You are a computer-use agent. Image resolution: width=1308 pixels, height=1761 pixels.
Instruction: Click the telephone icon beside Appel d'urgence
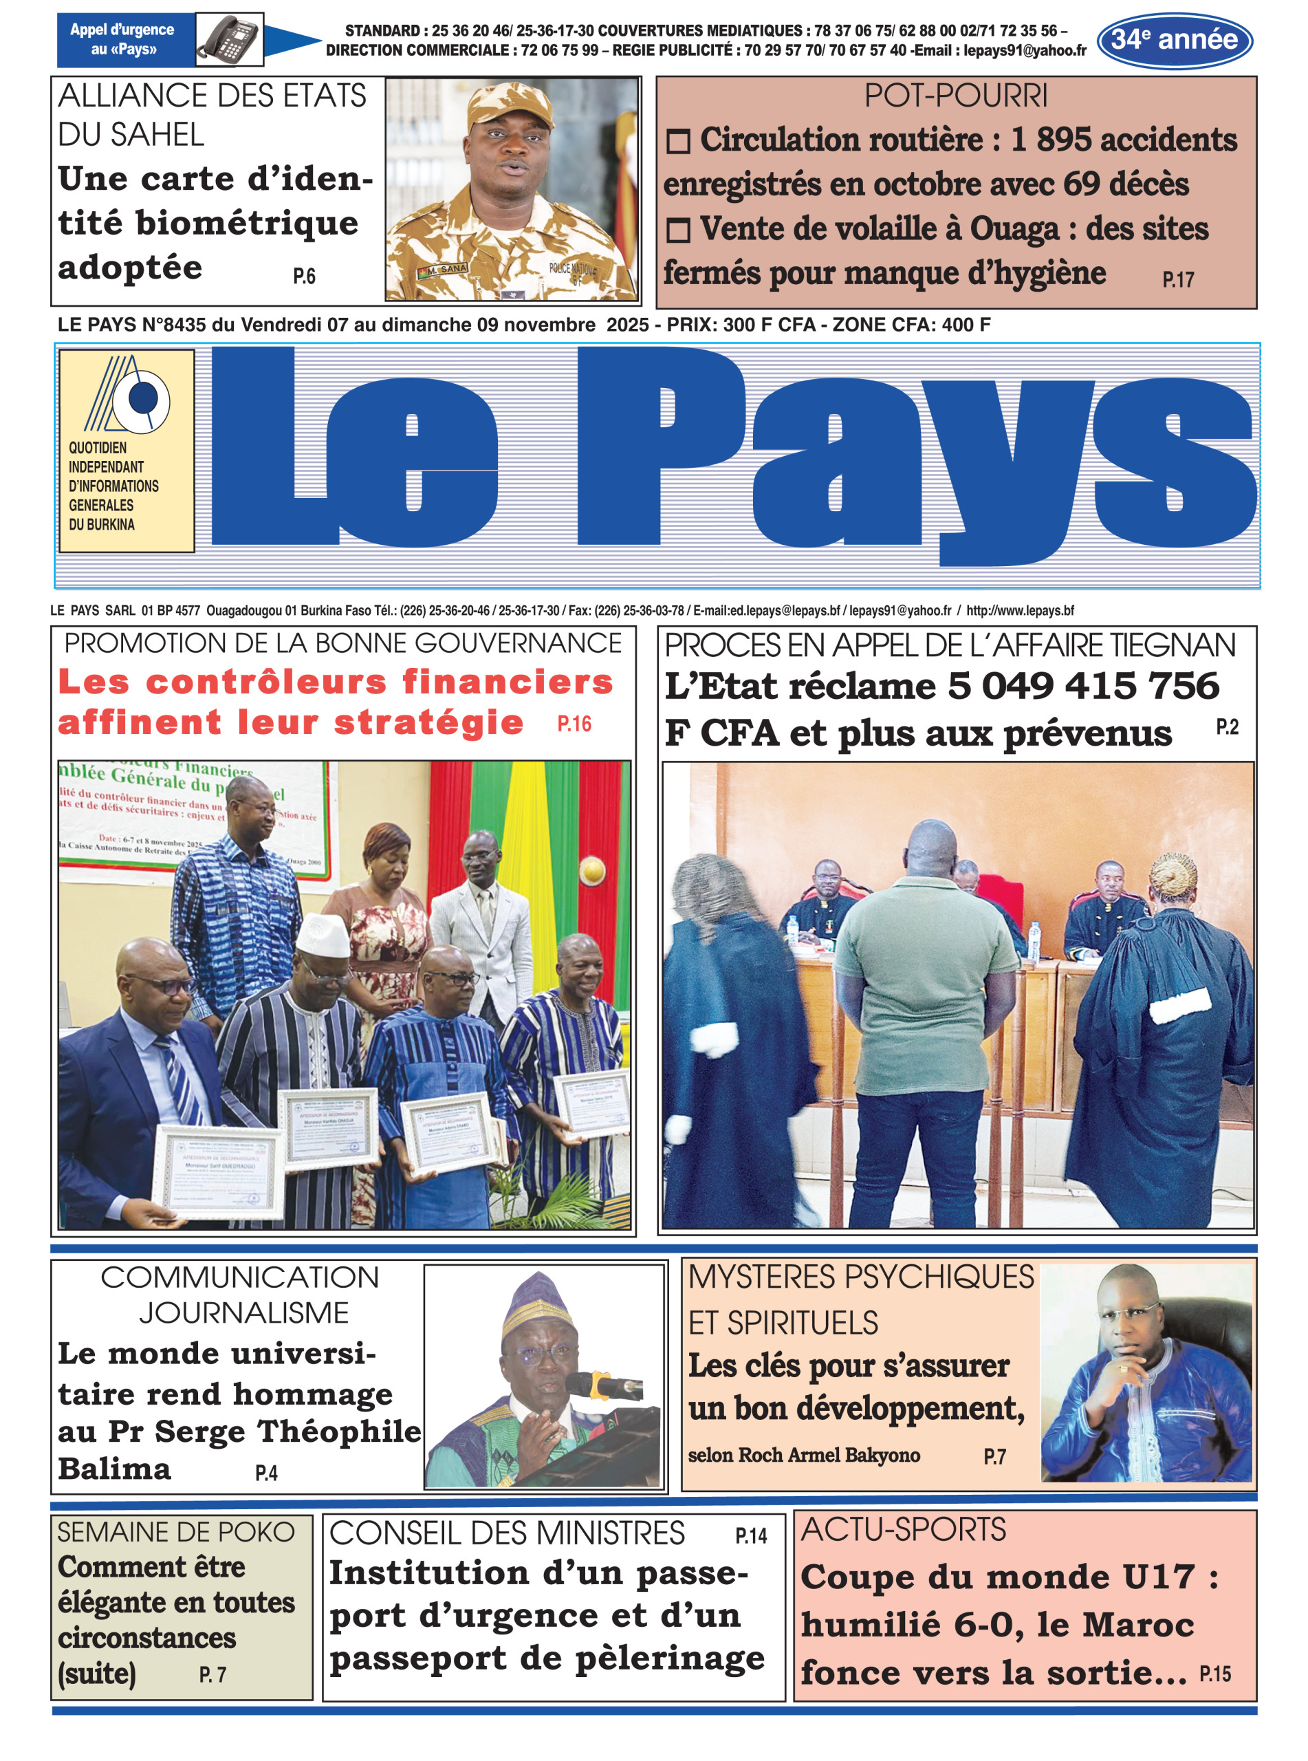pyautogui.click(x=229, y=39)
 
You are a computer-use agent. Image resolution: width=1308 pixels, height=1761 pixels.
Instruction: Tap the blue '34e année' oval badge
pyautogui.click(x=1173, y=40)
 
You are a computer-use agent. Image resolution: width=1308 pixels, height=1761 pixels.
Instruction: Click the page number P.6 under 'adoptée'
pyautogui.click(x=304, y=276)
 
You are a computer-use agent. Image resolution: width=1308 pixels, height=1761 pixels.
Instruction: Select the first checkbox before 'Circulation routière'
pyautogui.click(x=678, y=142)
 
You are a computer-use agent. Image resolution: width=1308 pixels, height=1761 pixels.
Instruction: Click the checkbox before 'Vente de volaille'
pyautogui.click(x=678, y=230)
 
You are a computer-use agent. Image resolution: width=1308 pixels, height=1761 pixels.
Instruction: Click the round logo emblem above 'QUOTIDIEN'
pyautogui.click(x=142, y=398)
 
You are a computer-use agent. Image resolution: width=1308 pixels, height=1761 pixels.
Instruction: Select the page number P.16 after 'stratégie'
pyautogui.click(x=574, y=724)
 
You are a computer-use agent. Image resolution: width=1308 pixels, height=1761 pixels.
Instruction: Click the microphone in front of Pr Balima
pyautogui.click(x=606, y=1384)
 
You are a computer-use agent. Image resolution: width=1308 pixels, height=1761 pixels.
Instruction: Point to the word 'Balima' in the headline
pyautogui.click(x=114, y=1469)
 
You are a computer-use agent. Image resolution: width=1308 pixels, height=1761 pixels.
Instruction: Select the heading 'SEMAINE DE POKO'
pyautogui.click(x=176, y=1532)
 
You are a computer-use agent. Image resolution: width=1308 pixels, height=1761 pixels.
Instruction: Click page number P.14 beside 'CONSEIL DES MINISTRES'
pyautogui.click(x=750, y=1536)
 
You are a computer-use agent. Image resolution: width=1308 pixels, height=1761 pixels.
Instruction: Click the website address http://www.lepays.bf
pyautogui.click(x=1020, y=610)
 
